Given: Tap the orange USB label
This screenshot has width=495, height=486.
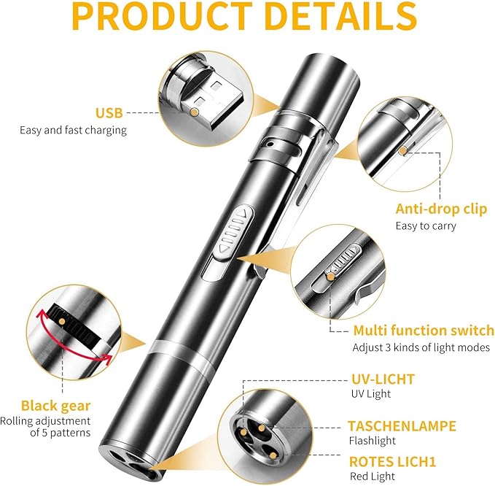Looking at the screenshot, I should tap(109, 113).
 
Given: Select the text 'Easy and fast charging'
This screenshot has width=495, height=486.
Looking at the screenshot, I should tap(73, 130).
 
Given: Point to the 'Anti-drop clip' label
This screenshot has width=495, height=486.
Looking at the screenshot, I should tap(441, 209).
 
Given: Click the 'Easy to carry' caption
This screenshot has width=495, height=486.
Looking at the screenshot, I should tap(425, 225).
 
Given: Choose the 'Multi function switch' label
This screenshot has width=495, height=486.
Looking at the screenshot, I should tap(424, 331).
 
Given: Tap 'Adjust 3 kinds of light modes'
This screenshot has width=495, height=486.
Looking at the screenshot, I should tap(421, 347).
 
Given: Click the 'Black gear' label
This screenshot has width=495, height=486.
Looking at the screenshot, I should tap(55, 406).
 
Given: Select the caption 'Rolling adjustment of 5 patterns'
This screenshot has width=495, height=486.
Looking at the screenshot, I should tap(55, 427).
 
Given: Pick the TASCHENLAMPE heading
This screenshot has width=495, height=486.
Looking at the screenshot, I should tap(402, 425).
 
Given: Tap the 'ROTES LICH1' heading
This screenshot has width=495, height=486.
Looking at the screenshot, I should tap(392, 461).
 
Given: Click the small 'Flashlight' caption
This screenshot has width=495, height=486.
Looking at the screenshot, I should tap(372, 440).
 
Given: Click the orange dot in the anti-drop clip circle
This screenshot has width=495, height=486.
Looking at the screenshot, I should tap(402, 150).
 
